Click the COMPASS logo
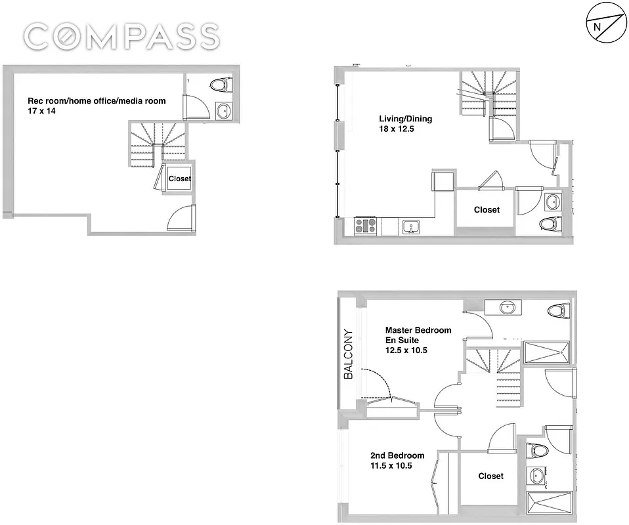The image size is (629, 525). click(x=122, y=35)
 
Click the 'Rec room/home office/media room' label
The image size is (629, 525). click(x=97, y=101)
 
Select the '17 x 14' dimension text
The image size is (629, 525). click(x=41, y=112)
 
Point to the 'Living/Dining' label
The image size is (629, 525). click(x=406, y=119)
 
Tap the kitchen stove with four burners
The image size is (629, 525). click(x=366, y=226)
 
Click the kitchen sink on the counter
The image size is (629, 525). click(x=412, y=227)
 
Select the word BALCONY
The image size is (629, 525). click(x=349, y=354)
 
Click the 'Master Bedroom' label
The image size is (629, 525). click(x=418, y=330)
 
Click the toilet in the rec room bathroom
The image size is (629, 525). click(x=219, y=85)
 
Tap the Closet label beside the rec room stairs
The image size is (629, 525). click(x=180, y=178)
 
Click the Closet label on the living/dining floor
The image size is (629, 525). click(x=487, y=210)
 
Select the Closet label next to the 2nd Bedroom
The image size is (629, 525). click(x=490, y=476)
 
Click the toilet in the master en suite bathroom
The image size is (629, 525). click(x=557, y=310)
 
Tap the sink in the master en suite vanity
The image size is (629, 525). click(x=506, y=306)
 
